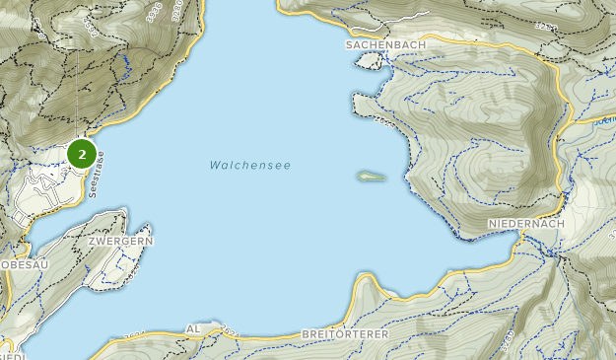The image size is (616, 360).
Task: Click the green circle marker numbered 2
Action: click(82, 154)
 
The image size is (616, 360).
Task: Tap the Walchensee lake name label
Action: click(249, 166)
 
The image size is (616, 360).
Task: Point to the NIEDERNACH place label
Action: click(524, 225)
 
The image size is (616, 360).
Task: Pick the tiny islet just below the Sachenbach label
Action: click(369, 61)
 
